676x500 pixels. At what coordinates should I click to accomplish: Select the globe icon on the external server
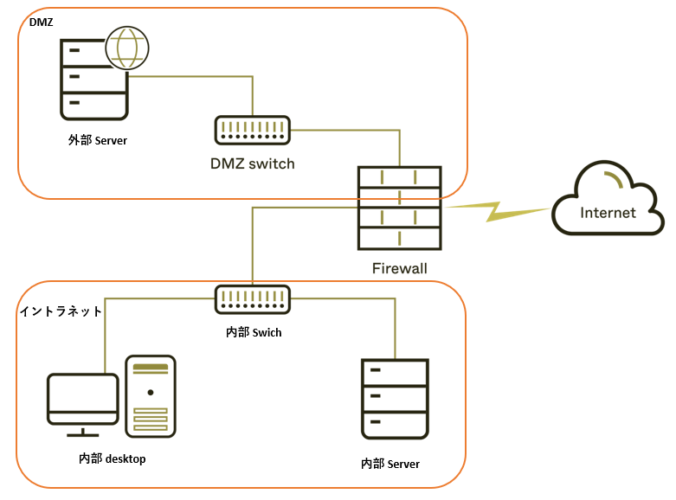(x=126, y=48)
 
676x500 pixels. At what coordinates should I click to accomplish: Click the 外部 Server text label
(x=98, y=139)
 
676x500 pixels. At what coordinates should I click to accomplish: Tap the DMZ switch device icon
(x=253, y=131)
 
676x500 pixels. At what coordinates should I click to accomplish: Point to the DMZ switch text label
(x=253, y=163)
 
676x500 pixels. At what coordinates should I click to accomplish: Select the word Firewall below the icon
(x=399, y=268)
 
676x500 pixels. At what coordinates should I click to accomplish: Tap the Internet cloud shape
(x=607, y=202)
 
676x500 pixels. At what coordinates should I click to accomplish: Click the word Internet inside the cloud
(x=608, y=213)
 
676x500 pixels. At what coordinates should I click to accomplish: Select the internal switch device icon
(x=254, y=300)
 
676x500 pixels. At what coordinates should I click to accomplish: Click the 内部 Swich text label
(x=254, y=331)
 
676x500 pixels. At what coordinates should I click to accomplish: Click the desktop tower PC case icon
(x=151, y=396)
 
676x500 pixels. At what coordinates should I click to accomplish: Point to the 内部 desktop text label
(x=113, y=458)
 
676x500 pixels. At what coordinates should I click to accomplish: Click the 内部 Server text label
(x=390, y=465)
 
